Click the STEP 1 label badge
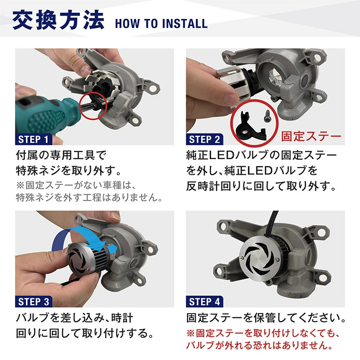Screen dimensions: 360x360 pos(34,139)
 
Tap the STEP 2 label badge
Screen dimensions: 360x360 pos(204,139)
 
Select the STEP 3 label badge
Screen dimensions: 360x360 pos(34,301)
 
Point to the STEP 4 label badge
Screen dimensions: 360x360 pos(204,301)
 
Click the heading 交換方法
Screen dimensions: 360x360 pos(58,20)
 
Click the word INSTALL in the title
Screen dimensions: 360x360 pos(184,24)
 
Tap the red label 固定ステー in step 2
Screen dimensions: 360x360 pos(311,136)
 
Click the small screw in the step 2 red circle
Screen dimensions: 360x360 pos(268,116)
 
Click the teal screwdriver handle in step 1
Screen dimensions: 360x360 pos(44,114)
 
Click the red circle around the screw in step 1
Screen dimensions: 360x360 pos(93,106)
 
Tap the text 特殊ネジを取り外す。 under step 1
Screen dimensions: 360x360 pos(69,171)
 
